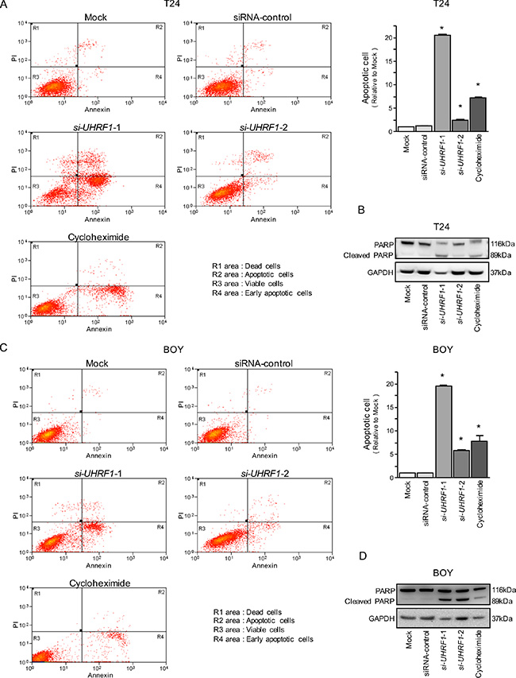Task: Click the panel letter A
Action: pyautogui.click(x=6, y=6)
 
